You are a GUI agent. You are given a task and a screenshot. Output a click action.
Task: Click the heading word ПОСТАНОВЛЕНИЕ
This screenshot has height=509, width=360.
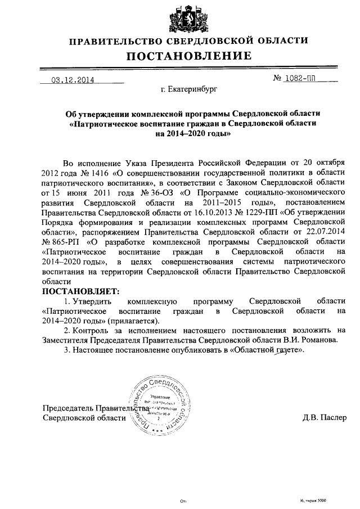[x=188, y=56]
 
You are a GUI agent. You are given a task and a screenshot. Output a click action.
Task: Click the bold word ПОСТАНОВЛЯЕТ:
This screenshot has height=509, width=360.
[x=81, y=291]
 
